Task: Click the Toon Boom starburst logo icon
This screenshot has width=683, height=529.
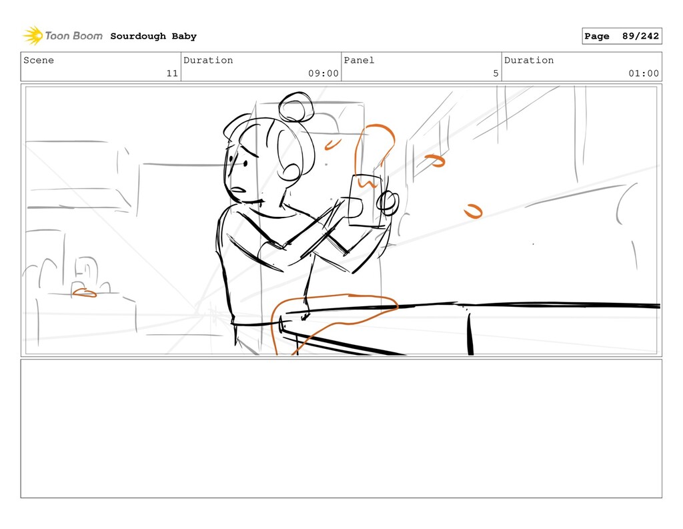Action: (33, 36)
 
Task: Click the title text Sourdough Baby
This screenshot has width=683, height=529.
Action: (153, 36)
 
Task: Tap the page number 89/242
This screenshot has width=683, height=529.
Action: (640, 36)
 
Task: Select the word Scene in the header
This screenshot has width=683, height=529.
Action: (39, 60)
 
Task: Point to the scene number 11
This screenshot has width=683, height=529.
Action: (172, 73)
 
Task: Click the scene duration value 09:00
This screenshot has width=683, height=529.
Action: (323, 73)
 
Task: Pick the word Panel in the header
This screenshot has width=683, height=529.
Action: (359, 60)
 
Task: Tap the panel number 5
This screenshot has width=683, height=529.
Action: (496, 73)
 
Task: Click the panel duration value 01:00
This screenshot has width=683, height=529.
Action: (644, 73)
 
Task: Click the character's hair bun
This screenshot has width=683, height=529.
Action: (296, 107)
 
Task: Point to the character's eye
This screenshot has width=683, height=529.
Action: (245, 164)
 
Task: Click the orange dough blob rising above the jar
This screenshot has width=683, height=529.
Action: (374, 155)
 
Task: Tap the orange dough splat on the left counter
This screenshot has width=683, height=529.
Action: (84, 293)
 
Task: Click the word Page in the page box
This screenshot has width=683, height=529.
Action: (597, 36)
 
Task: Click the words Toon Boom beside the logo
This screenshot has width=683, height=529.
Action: (73, 36)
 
